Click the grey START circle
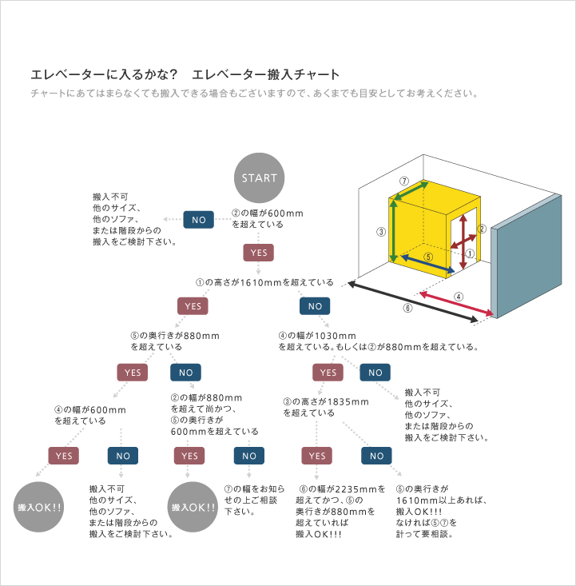259,177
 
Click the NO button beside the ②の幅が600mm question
199,219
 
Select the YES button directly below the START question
259,253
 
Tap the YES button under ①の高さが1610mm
193,306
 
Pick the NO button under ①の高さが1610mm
315,306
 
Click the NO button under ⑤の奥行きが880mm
185,373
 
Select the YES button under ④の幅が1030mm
327,373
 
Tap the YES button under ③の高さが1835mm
317,456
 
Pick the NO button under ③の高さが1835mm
375,456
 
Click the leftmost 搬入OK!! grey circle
40,507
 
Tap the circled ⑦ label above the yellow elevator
404,181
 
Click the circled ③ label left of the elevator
381,232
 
